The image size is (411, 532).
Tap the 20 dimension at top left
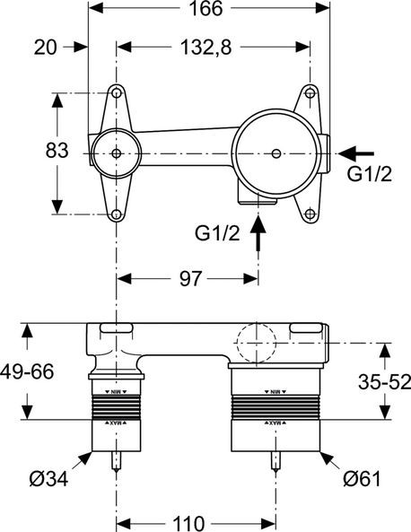[x=46, y=46]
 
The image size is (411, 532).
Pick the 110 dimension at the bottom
[x=195, y=521]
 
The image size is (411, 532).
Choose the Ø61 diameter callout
[x=366, y=478]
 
